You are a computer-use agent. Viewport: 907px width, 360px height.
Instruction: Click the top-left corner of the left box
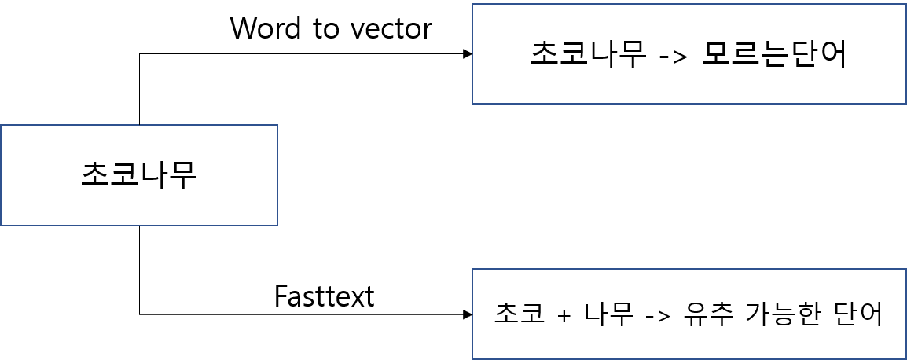point(1,125)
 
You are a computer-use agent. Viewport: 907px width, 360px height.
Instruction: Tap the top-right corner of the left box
point(277,125)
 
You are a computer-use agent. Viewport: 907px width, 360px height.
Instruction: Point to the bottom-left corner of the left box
point(1,226)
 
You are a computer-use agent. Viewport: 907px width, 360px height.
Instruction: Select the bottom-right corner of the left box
point(277,226)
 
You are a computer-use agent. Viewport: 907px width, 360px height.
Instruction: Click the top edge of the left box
point(139,125)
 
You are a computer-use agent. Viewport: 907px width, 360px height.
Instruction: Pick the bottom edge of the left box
point(139,226)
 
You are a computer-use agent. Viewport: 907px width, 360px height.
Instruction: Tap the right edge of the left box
point(277,175)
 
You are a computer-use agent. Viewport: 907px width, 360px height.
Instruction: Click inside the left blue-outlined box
point(139,175)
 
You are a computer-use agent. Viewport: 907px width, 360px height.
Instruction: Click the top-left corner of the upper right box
point(472,4)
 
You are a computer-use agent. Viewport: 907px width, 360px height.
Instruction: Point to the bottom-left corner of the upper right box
point(472,104)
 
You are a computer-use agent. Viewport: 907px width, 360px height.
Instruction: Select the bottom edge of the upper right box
point(689,104)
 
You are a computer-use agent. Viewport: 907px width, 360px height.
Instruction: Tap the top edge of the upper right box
point(689,4)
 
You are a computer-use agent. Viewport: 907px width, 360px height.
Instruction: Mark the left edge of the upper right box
point(472,53)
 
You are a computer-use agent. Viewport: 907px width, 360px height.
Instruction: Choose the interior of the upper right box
point(689,53)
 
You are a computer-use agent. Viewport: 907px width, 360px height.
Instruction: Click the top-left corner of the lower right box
point(472,269)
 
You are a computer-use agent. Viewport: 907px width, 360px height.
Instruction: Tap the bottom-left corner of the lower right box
point(472,359)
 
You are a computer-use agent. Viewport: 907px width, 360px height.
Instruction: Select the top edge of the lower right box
point(689,269)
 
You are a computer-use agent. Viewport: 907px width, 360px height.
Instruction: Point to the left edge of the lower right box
point(472,314)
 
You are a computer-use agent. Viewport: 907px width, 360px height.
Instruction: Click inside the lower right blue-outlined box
point(689,314)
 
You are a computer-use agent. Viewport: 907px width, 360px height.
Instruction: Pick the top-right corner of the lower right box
point(906,269)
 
